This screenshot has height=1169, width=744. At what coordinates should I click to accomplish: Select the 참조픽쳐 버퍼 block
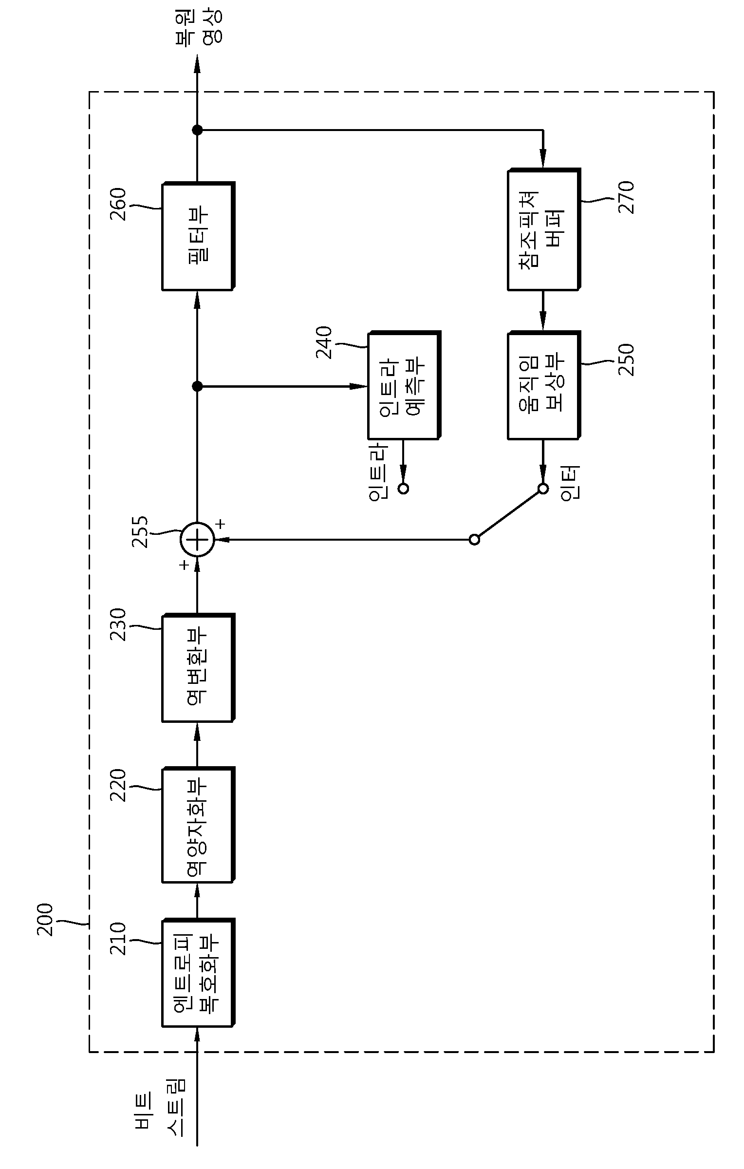click(x=544, y=229)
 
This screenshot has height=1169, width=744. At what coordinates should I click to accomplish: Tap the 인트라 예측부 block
click(x=404, y=385)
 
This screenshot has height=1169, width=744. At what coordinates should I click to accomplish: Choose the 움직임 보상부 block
click(x=544, y=385)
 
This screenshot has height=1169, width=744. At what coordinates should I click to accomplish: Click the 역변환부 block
click(x=198, y=668)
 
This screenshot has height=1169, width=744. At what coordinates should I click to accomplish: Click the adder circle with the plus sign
click(x=197, y=540)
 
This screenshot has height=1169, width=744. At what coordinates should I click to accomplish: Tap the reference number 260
click(x=118, y=205)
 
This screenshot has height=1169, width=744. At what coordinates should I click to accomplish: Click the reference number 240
click(x=324, y=342)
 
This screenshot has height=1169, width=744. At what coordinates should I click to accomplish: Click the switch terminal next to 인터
click(x=543, y=489)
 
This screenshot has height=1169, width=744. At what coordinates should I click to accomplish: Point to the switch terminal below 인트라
click(x=403, y=489)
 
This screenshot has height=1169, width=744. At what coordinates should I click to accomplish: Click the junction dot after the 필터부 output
click(x=197, y=130)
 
